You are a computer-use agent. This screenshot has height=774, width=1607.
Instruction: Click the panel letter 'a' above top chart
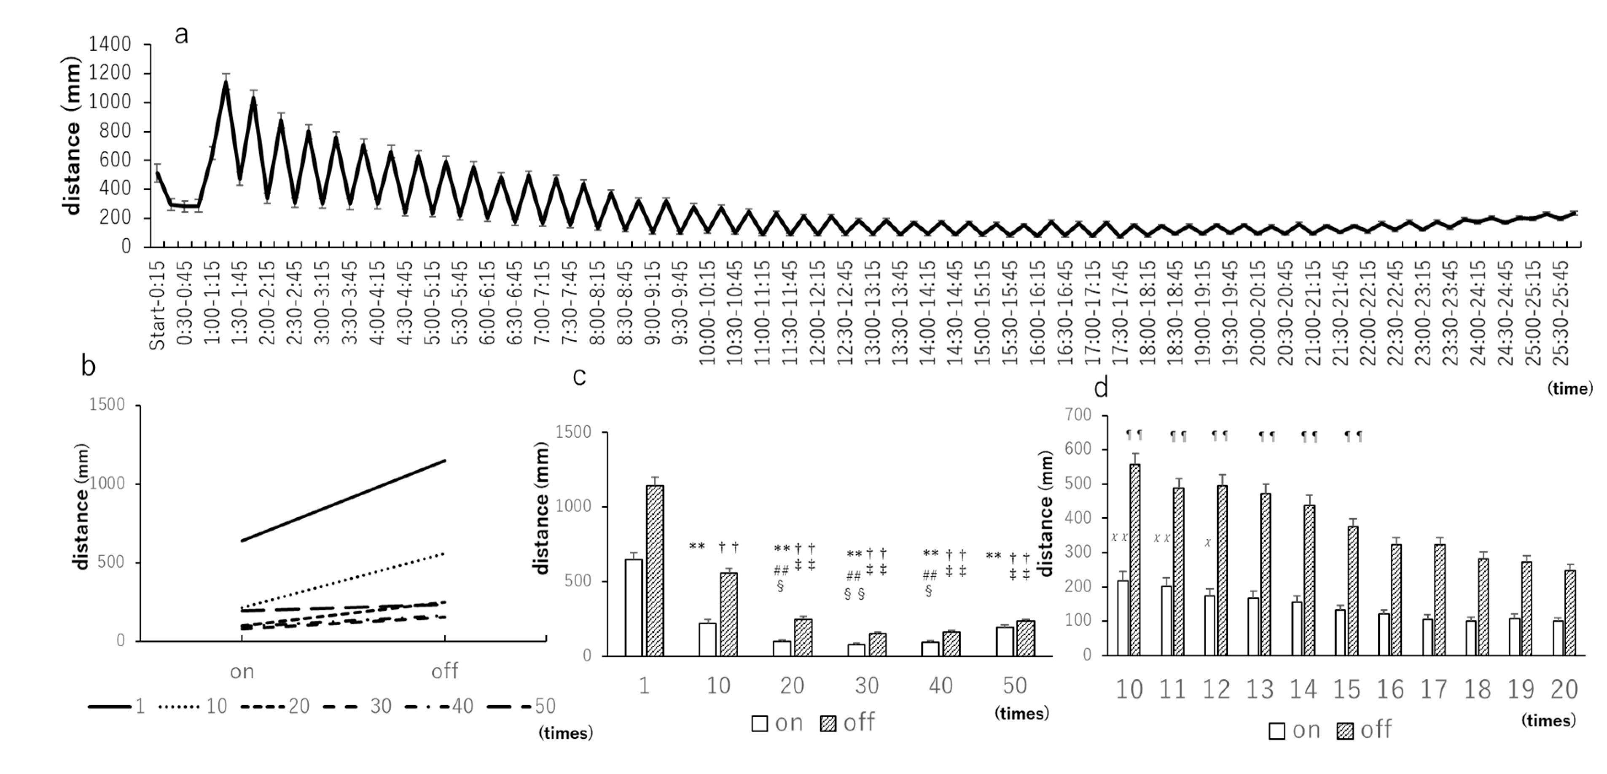181,35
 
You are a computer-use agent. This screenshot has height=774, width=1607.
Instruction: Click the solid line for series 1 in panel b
343,501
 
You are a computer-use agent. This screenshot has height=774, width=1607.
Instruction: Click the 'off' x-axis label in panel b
444,672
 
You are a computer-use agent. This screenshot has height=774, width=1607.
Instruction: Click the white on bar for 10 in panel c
707,639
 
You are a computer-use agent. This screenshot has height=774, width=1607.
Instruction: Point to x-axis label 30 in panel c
866,686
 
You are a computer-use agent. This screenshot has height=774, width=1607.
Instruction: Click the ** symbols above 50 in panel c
994,556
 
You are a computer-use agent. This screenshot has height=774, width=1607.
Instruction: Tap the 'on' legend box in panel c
759,723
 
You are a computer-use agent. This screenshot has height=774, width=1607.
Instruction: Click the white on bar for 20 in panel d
1558,637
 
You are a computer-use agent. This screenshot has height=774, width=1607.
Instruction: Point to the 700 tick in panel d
1079,415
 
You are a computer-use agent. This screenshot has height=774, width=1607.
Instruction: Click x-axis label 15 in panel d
1346,690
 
